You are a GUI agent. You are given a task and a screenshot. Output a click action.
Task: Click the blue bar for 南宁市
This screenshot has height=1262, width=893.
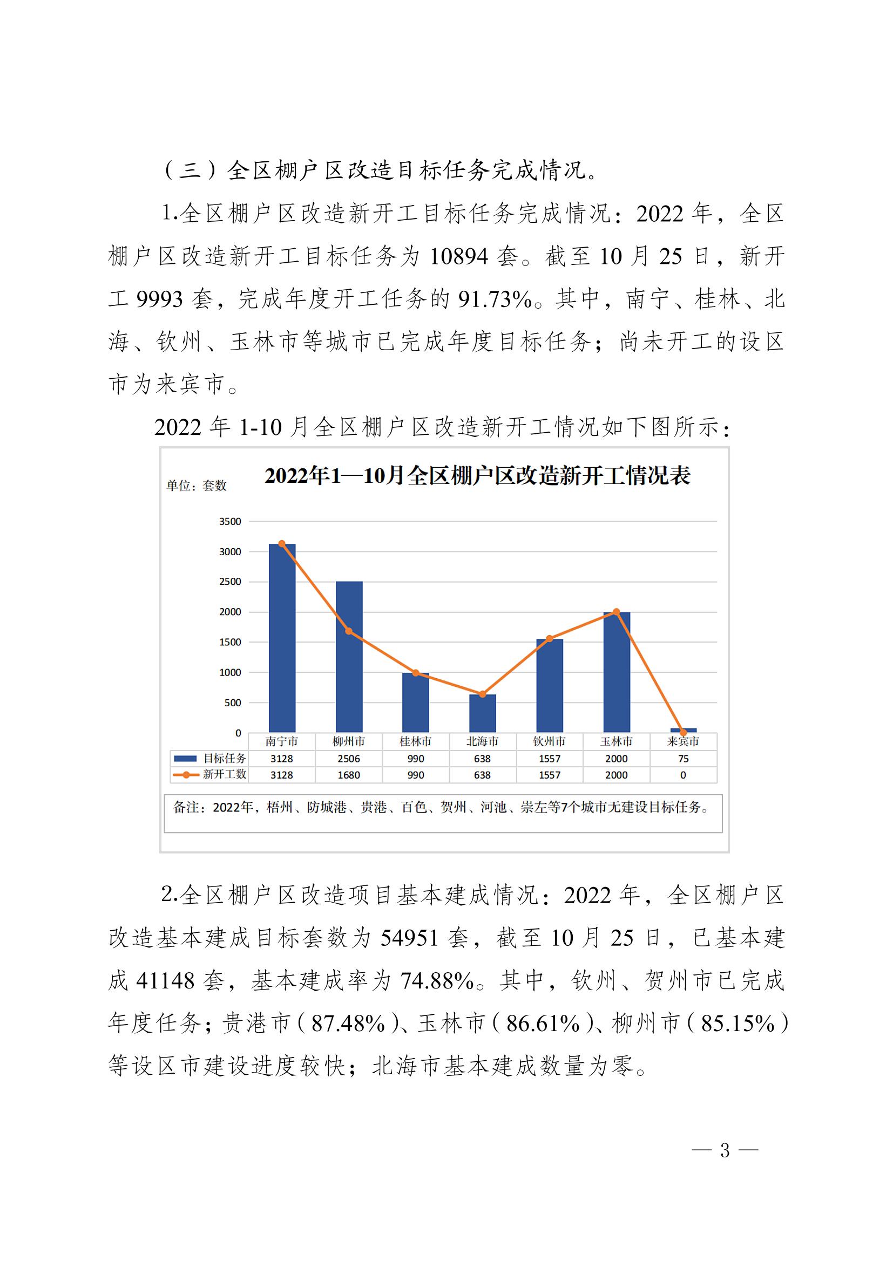[281, 638]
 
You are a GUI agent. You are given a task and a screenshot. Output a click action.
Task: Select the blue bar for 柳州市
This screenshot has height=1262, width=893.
[349, 657]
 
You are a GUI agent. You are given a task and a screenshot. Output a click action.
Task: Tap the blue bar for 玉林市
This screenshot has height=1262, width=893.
[617, 672]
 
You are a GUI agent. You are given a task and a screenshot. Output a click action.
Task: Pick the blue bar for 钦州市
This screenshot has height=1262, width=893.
[549, 685]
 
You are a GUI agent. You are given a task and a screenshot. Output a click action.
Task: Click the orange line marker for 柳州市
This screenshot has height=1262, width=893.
[349, 631]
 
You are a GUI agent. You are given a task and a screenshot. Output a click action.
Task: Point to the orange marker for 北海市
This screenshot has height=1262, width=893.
[482, 694]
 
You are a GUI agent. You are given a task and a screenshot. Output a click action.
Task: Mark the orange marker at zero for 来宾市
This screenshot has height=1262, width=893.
[683, 733]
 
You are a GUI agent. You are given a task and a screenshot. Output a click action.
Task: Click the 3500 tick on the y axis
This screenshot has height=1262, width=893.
[230, 521]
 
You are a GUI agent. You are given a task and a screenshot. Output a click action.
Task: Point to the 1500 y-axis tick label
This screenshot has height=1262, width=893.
[230, 642]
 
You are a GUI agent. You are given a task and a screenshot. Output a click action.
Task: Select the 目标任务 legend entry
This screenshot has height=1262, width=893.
[210, 759]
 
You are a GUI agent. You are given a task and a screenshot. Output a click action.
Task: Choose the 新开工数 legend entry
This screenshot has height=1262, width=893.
[210, 774]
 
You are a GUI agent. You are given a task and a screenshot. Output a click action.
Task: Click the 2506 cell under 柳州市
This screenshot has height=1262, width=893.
[349, 759]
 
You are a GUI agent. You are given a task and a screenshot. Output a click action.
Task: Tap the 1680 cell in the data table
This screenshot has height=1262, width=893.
[349, 775]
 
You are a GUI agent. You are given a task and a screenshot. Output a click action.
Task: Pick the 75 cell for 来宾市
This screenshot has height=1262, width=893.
[683, 759]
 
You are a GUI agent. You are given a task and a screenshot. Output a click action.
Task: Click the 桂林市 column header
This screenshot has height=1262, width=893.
[415, 741]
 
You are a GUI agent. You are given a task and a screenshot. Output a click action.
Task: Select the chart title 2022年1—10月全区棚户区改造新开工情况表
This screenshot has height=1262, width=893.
[477, 476]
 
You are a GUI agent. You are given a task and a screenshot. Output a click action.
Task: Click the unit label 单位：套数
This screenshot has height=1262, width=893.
[197, 486]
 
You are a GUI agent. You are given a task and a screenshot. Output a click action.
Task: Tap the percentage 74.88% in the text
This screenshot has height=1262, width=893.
[437, 981]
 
